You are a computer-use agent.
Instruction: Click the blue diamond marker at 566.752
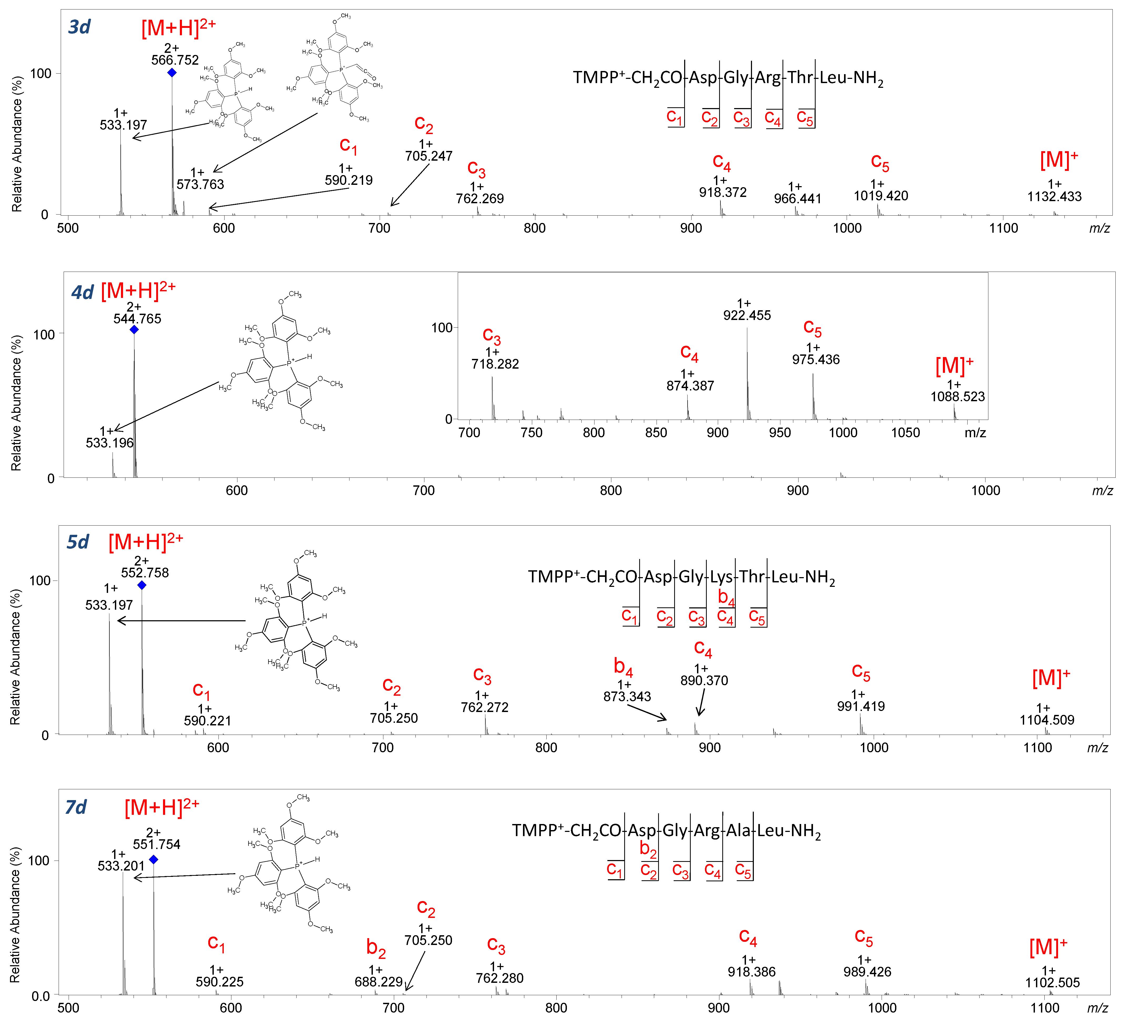(172, 72)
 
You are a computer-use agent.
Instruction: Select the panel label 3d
(79, 27)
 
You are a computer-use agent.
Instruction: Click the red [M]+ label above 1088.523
(954, 366)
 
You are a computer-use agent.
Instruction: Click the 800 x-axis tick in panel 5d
(546, 748)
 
